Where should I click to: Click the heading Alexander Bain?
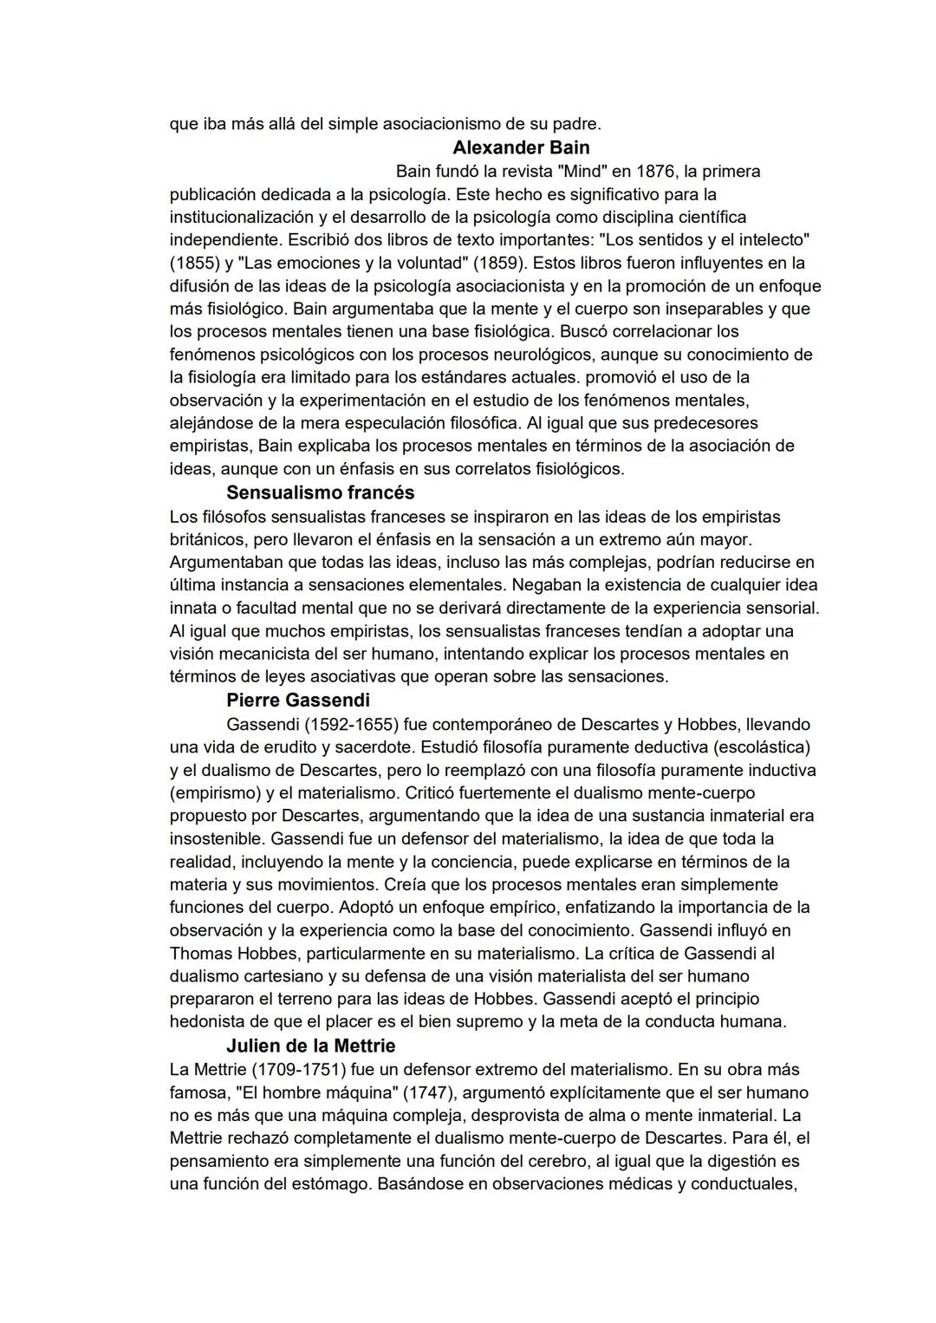coord(521,147)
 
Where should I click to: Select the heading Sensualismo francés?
coord(320,492)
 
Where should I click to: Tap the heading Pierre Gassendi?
coord(297,700)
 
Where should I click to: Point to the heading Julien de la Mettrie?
coord(310,1046)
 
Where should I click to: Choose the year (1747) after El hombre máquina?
coord(430,1092)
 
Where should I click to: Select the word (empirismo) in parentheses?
coord(216,792)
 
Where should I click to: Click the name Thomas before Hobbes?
coord(199,953)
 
